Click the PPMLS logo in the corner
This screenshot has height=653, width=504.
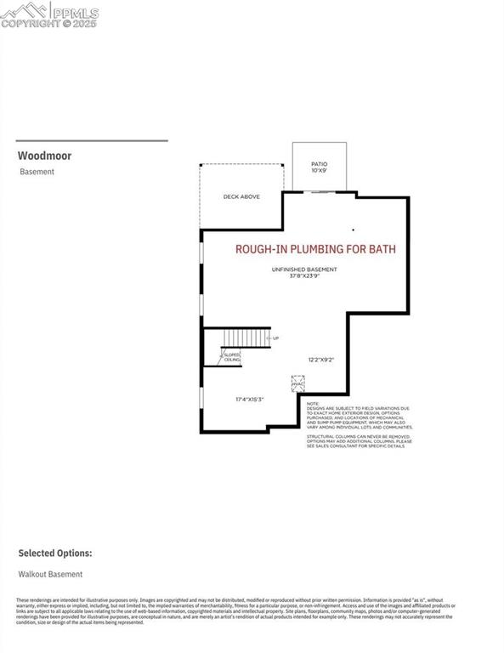tap(49, 14)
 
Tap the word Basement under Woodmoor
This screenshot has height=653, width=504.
tap(37, 172)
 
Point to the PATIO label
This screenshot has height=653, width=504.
tap(319, 164)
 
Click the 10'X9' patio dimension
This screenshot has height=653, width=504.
tap(319, 171)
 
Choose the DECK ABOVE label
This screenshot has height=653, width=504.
tap(241, 196)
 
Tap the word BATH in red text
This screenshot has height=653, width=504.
tap(381, 249)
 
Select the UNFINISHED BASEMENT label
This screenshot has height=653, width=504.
tap(304, 270)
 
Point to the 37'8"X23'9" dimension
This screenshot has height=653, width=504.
tap(304, 276)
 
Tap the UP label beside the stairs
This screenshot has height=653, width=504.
tap(275, 338)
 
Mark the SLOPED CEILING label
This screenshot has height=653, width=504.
tap(232, 357)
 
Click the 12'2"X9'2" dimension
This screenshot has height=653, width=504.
tap(320, 360)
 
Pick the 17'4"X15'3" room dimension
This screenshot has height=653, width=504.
tap(251, 399)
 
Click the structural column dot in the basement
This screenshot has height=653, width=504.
tap(354, 230)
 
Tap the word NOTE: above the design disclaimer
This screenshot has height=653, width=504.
tap(312, 403)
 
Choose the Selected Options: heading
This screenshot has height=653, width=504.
tap(55, 553)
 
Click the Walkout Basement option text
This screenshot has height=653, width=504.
tap(51, 574)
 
